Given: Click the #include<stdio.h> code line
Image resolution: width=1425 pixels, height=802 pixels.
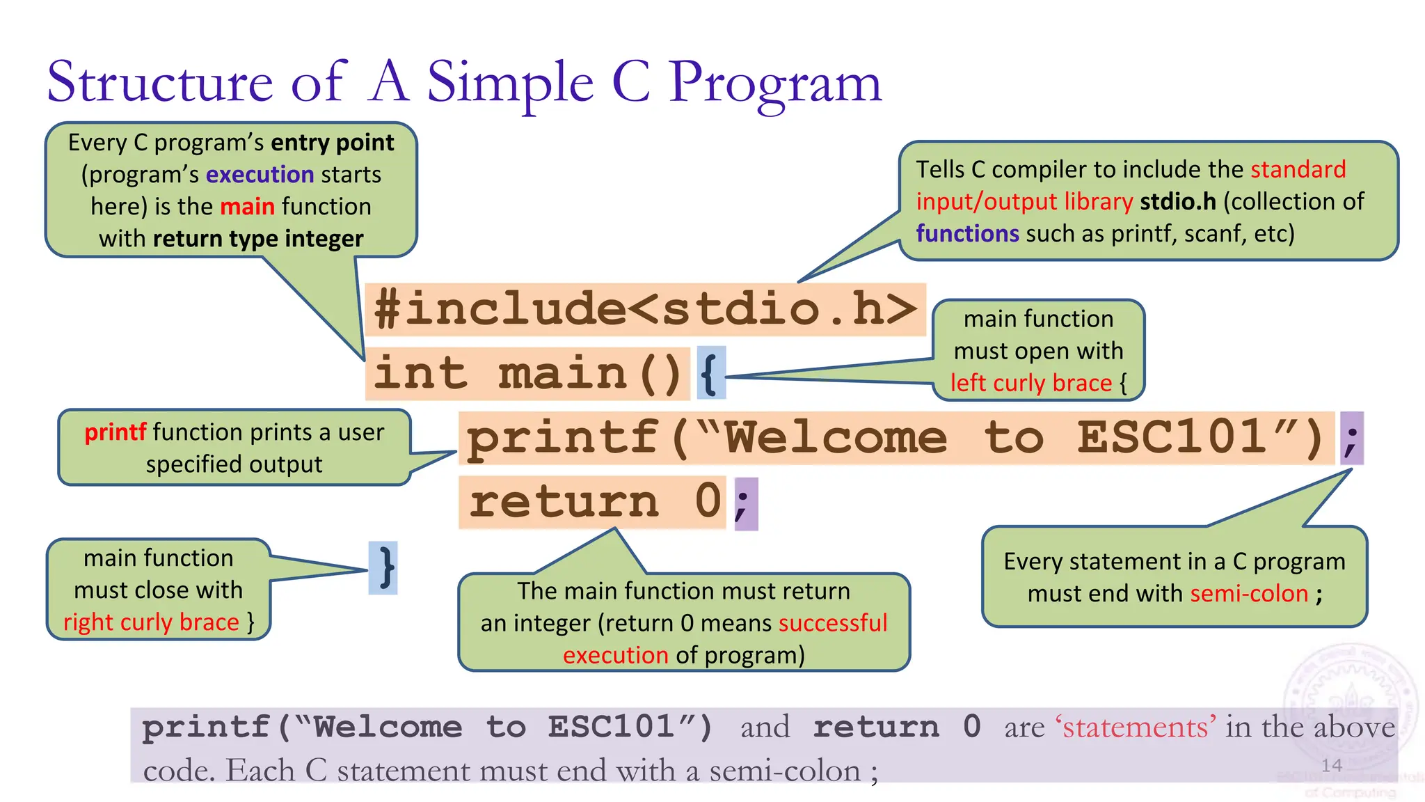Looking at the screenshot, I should coord(645,309).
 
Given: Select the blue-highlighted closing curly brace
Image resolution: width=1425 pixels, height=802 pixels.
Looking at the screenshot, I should coord(383,568).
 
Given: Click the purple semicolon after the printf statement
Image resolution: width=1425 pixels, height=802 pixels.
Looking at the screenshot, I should coord(1351,439).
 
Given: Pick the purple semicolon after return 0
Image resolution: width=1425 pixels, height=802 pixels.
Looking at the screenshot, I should coord(745,503).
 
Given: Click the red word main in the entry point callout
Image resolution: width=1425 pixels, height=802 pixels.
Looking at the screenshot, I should coord(247,207).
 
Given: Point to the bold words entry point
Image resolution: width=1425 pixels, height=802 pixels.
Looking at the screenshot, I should coord(333,143).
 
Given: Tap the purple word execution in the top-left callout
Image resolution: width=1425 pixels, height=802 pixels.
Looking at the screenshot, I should coord(260,175).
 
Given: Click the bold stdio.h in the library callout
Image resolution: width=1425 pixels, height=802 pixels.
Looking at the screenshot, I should coord(1177,202).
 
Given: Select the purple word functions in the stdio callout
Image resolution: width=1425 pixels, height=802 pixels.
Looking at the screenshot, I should coord(967,234).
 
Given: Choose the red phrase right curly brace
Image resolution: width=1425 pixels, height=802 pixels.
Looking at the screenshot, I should coord(151,622).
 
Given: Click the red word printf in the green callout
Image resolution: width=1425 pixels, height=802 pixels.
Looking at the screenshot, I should coord(115,432).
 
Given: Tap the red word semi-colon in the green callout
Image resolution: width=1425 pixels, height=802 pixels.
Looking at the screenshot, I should coord(1249,594).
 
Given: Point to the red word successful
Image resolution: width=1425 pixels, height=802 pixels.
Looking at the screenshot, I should coord(833,623).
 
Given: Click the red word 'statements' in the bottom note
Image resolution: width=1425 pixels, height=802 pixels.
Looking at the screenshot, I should coord(1136,728).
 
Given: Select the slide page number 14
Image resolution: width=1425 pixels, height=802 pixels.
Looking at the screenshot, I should coord(1331,765).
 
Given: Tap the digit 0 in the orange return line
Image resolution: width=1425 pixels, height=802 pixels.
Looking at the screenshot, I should coord(708,501).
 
